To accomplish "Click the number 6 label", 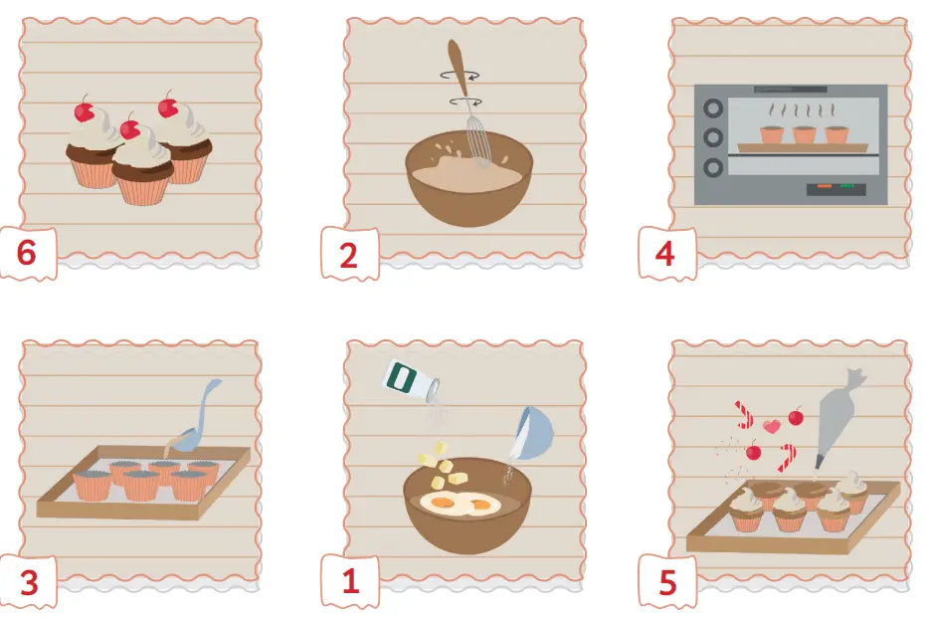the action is [x=27, y=253].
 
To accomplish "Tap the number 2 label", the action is [x=348, y=255].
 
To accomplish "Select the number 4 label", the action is [x=665, y=254].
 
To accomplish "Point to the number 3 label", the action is [x=28, y=582].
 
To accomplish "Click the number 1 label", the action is [x=350, y=581].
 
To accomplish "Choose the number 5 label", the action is [x=667, y=582].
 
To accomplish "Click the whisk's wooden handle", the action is [x=459, y=67].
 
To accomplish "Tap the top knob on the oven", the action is [x=713, y=108].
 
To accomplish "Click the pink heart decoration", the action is [x=770, y=425].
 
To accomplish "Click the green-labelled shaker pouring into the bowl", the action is [x=411, y=380].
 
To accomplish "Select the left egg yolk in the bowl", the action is [x=441, y=503].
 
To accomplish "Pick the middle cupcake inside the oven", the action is [x=804, y=134].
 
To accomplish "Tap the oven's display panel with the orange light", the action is [x=836, y=189].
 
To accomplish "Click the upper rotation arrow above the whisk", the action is [x=461, y=76].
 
